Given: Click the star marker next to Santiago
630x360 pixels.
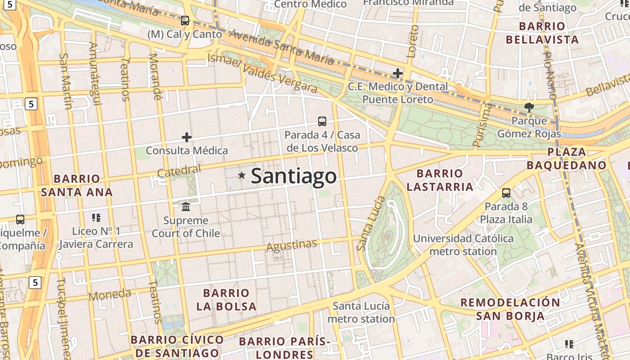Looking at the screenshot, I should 242,175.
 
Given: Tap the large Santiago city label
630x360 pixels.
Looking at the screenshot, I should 293,176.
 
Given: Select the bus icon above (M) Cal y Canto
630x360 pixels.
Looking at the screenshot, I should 185,21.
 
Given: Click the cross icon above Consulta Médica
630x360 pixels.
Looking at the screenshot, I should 187,137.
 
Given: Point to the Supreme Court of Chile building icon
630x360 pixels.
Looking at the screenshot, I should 186,207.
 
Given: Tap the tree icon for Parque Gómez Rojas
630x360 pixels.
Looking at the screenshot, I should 529,107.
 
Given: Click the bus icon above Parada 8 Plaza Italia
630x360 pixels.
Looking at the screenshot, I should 506,193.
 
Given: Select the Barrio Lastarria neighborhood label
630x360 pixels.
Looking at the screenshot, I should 440,180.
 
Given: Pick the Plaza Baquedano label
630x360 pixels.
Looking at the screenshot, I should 567,158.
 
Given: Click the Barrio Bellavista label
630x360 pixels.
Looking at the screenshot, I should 542,33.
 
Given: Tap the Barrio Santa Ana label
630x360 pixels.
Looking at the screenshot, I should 76,185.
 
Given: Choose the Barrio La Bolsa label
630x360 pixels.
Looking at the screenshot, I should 226,300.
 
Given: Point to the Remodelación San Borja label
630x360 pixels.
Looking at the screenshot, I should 510,309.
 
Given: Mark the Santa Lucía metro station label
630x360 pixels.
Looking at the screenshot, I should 361,312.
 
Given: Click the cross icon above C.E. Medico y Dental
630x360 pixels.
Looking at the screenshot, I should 398,73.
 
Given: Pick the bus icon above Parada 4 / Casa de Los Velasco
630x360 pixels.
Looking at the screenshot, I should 322,121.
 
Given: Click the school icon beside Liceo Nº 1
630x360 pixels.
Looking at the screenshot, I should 96,218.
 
